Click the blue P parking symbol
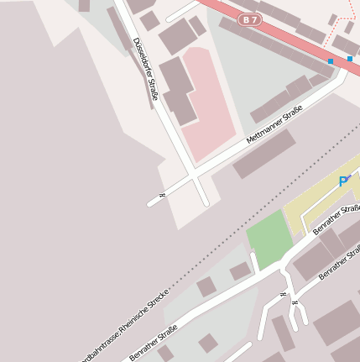click(x=343, y=181)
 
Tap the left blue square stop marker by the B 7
click(x=331, y=61)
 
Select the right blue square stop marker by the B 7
click(x=350, y=59)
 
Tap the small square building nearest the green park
click(x=241, y=271)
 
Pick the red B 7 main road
click(x=285, y=39)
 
